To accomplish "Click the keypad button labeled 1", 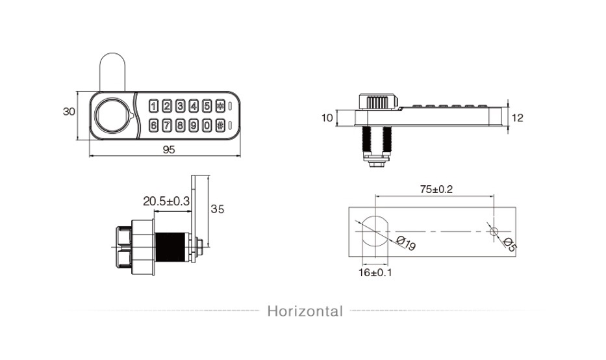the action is (153, 105).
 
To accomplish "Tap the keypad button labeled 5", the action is (207, 105).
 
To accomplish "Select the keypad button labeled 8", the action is (180, 125).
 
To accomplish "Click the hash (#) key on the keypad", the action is (220, 125).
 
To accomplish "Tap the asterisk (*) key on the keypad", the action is (220, 105).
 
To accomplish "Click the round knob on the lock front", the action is (113, 115).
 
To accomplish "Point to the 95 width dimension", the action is (169, 149).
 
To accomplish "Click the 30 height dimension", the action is (69, 111).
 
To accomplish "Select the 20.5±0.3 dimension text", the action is (166, 201).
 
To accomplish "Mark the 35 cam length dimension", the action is (217, 209).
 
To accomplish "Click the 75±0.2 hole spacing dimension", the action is (436, 190).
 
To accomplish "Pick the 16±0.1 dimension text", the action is (375, 273).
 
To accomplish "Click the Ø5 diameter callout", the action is (510, 244).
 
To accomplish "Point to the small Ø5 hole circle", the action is (494, 231).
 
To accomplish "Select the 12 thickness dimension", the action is (517, 118).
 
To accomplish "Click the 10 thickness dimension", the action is (327, 118).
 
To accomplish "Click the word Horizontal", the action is (305, 311).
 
